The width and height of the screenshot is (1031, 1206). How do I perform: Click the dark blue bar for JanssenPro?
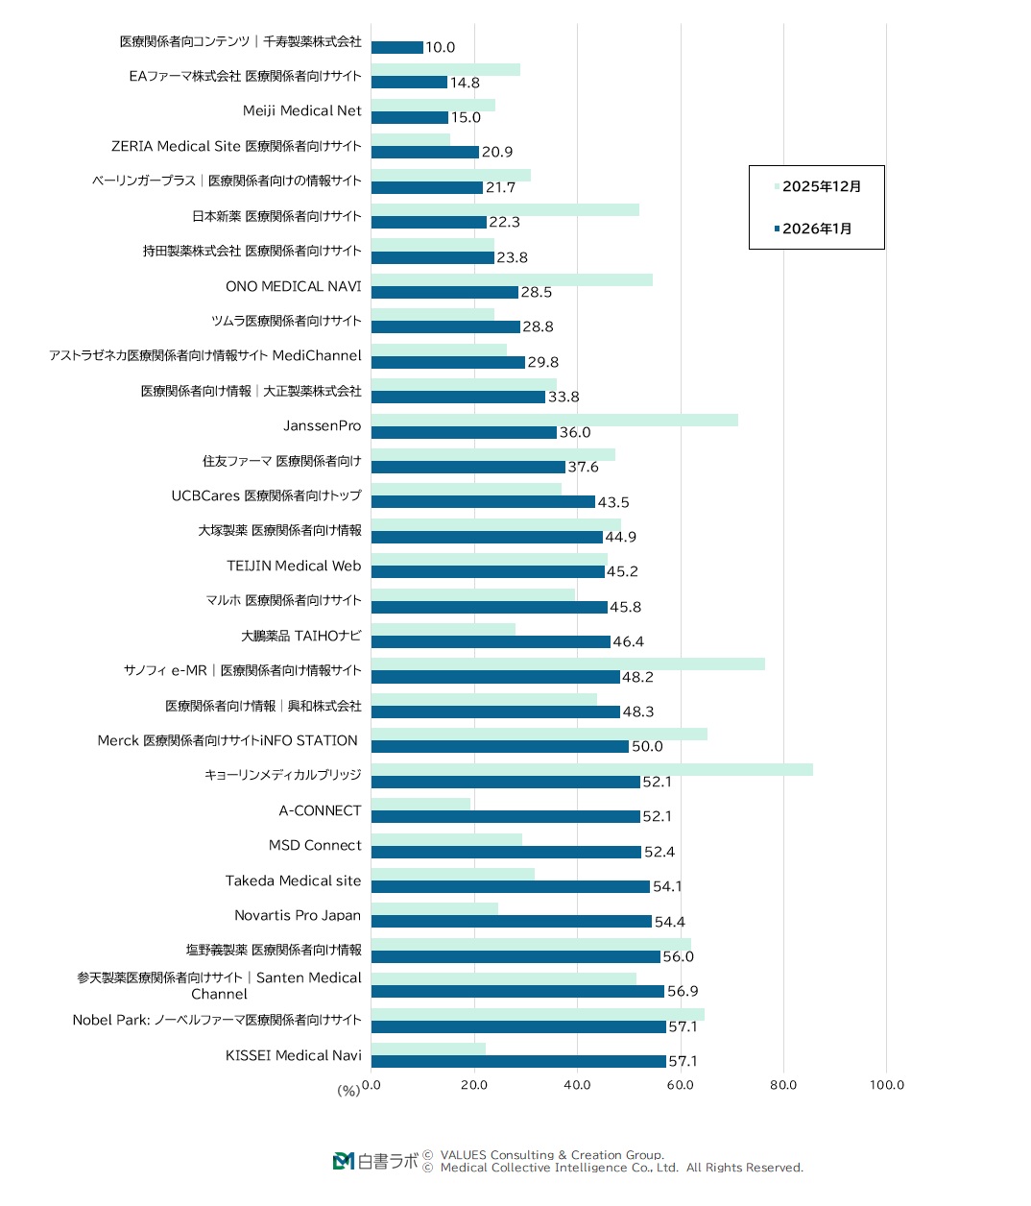pos(464,432)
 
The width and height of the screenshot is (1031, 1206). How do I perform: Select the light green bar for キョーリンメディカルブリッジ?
pos(591,769)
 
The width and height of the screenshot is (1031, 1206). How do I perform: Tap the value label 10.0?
pos(441,47)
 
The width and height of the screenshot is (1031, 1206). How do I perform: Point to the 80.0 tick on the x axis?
pos(783,1085)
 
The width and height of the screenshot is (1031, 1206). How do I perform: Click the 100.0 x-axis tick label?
pos(887,1085)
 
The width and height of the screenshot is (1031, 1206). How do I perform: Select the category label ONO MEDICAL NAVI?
pos(294,286)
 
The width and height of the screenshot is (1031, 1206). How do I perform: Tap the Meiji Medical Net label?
pos(302,110)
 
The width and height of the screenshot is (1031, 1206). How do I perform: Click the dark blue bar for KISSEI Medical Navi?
pos(518,1061)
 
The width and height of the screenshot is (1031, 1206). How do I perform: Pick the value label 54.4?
pos(670,922)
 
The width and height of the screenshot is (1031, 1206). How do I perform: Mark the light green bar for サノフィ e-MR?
pos(567,663)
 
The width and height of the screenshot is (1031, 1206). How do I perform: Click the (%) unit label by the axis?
pos(348,1091)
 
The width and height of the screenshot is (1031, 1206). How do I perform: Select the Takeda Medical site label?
pos(294,880)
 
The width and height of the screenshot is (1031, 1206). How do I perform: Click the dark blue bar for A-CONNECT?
pos(505,816)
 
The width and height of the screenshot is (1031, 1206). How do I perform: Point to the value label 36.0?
pos(575,432)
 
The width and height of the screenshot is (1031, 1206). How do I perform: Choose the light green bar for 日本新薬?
pos(505,209)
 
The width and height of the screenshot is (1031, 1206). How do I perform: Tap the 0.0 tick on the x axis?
pos(372,1085)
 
